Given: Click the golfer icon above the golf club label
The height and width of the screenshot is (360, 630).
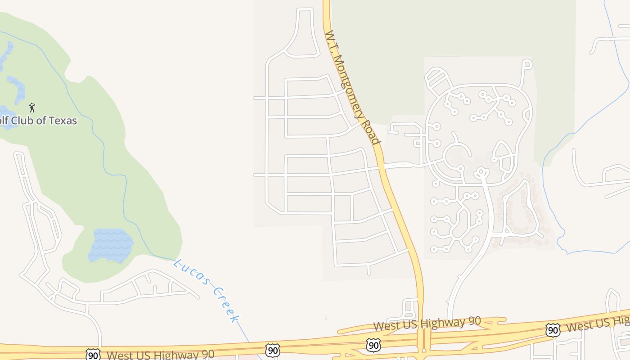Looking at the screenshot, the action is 31,108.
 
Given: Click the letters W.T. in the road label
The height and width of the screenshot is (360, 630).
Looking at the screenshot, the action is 330,39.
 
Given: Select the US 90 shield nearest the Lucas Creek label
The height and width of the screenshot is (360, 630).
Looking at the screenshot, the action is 272,350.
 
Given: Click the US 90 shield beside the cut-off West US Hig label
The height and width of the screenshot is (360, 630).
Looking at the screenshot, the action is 553,330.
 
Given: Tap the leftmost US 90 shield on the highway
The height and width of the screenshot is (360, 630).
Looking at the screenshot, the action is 93,355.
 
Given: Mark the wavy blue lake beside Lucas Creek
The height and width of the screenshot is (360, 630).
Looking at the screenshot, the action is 111,246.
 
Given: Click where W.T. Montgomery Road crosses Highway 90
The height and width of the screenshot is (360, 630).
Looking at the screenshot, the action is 421,338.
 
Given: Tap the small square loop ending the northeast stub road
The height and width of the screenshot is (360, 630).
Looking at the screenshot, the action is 527,64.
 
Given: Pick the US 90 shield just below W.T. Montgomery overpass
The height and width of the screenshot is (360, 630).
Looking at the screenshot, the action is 373,345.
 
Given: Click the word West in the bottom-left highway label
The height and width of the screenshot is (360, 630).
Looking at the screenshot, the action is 121,355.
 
